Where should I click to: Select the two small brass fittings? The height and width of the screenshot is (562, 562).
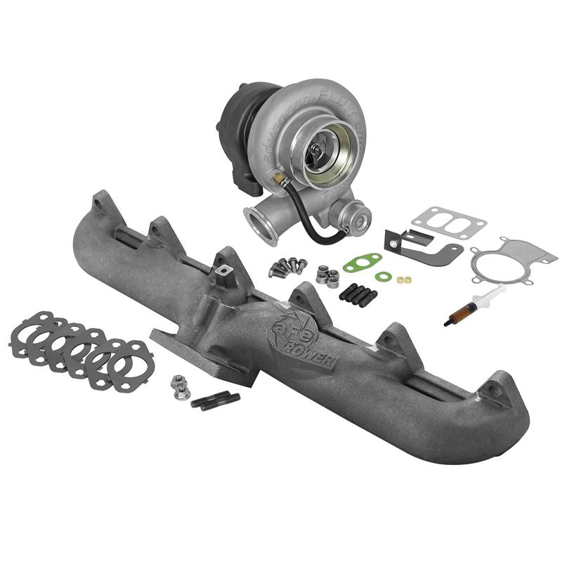(404, 280)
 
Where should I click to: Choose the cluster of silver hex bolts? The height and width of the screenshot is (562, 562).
(287, 267)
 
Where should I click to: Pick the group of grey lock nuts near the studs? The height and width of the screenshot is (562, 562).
(327, 275)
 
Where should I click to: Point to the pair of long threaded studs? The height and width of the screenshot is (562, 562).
(215, 400)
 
